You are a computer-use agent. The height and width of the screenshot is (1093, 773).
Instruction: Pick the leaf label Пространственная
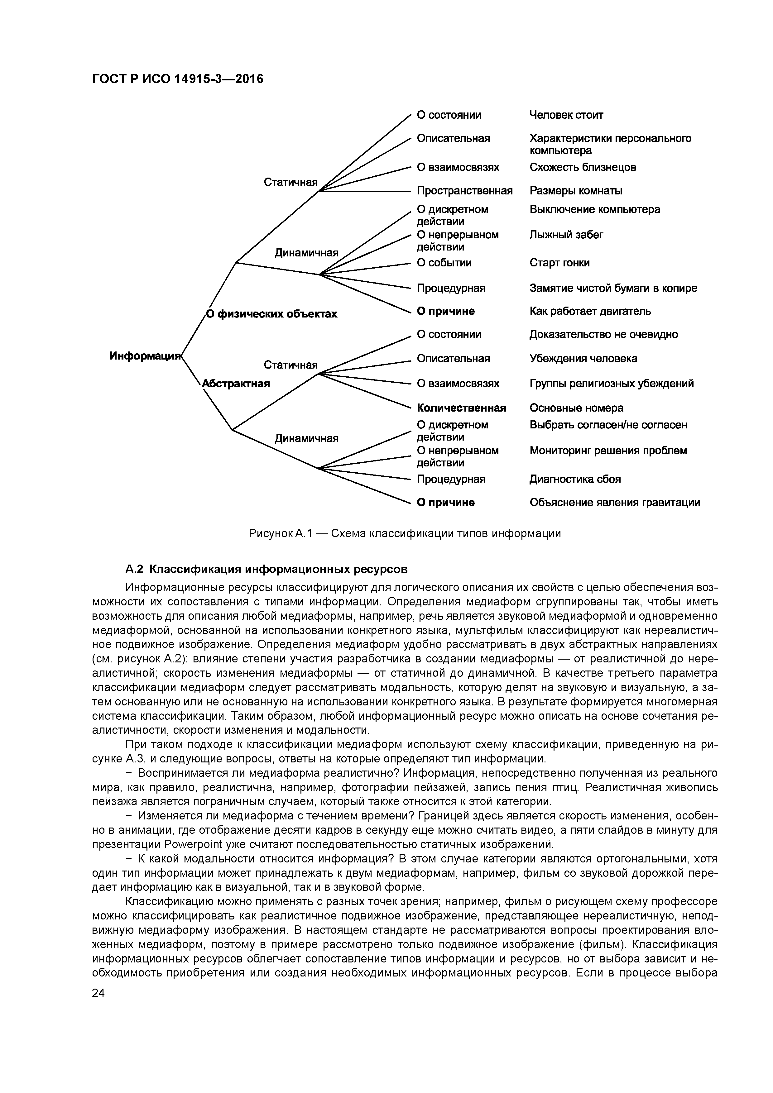(464, 191)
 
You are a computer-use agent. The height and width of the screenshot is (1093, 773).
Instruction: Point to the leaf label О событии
(444, 263)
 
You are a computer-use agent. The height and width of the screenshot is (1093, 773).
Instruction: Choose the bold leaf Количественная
(461, 408)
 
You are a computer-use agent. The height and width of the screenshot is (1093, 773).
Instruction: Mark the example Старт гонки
(559, 263)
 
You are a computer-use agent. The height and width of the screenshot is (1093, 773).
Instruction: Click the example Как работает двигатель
(590, 311)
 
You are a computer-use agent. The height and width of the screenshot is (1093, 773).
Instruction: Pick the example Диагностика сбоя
(575, 479)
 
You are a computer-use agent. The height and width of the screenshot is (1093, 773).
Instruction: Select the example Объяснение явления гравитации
(614, 503)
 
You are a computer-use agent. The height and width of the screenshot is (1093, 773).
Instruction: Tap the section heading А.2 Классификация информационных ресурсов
(266, 569)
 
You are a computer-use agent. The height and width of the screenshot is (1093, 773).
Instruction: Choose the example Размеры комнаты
(575, 191)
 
